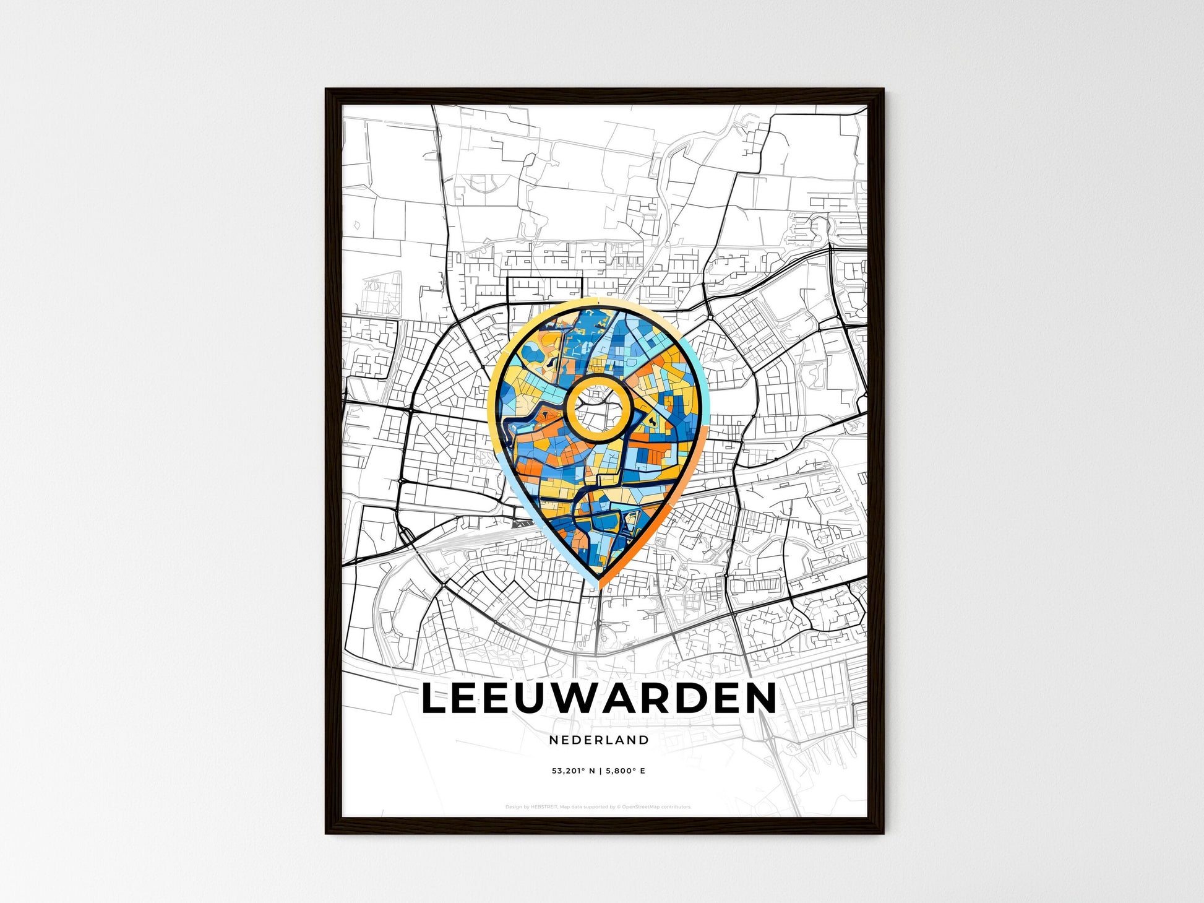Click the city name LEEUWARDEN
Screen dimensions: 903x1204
click(x=598, y=699)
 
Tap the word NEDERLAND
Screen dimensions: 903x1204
click(x=598, y=740)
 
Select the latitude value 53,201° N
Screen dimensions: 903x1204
click(x=573, y=771)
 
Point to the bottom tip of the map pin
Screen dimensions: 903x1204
click(x=598, y=587)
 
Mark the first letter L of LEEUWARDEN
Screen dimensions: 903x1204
click(x=434, y=699)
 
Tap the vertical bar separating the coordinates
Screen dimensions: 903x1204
click(x=599, y=771)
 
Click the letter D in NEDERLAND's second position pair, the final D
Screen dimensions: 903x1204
click(x=644, y=740)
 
